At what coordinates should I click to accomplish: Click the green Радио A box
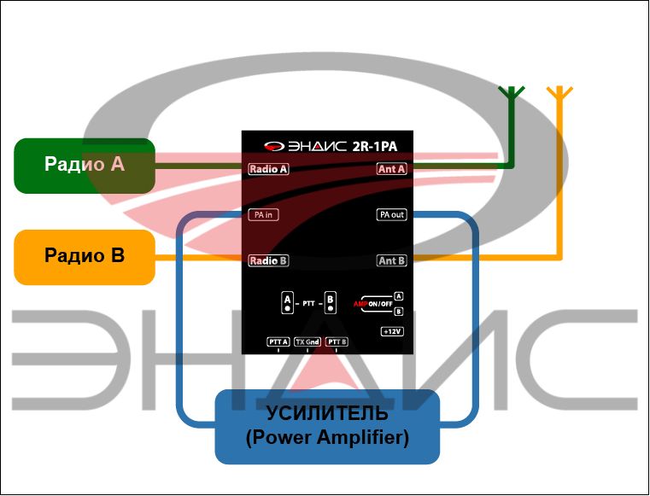click(x=84, y=165)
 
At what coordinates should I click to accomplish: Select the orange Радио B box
click(x=84, y=255)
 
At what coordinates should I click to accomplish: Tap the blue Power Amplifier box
click(x=326, y=426)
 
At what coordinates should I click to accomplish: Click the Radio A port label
click(x=268, y=169)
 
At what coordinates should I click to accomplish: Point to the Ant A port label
click(x=391, y=169)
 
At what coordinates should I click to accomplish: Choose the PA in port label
click(x=263, y=214)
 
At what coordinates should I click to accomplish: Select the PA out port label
click(x=391, y=214)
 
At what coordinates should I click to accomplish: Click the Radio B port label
click(x=268, y=260)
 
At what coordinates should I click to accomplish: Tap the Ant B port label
click(x=391, y=260)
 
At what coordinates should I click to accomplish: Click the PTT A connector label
click(x=278, y=341)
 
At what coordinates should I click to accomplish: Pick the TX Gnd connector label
click(x=307, y=341)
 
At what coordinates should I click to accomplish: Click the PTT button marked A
click(x=287, y=303)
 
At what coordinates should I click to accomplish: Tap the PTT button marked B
click(x=331, y=303)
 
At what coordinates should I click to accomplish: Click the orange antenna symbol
click(x=559, y=94)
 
